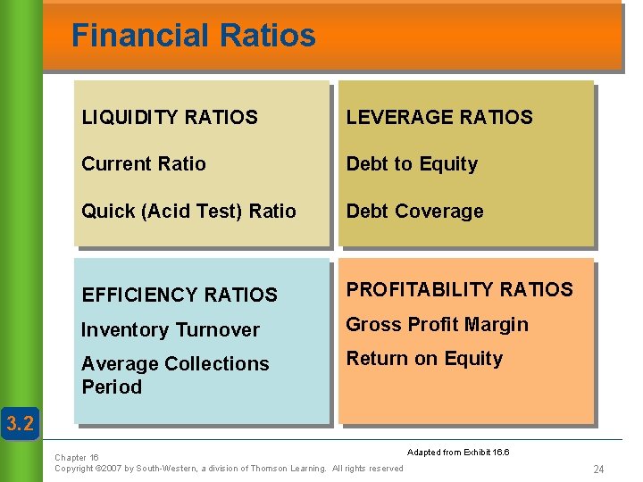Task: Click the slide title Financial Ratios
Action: pos(193,36)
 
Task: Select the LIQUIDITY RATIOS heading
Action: pos(170,117)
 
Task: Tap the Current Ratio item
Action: pos(144,164)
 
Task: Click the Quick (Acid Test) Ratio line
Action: pos(188,212)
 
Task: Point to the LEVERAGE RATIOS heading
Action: pos(439,117)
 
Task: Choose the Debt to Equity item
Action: pos(412,164)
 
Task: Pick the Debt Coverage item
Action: pos(414,212)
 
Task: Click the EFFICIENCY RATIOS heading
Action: pos(180,295)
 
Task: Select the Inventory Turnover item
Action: pos(171,330)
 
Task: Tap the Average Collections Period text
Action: pos(175,375)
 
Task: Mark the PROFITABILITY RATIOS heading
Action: pos(460,289)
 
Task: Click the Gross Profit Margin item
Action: pos(438,325)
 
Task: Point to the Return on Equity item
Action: pos(424,359)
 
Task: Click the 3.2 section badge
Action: pos(19,422)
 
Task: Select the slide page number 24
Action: pos(598,470)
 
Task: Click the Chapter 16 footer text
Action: pos(77,458)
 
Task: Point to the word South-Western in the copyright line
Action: pos(163,469)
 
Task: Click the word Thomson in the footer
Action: pos(269,469)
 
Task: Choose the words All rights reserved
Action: pos(367,469)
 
